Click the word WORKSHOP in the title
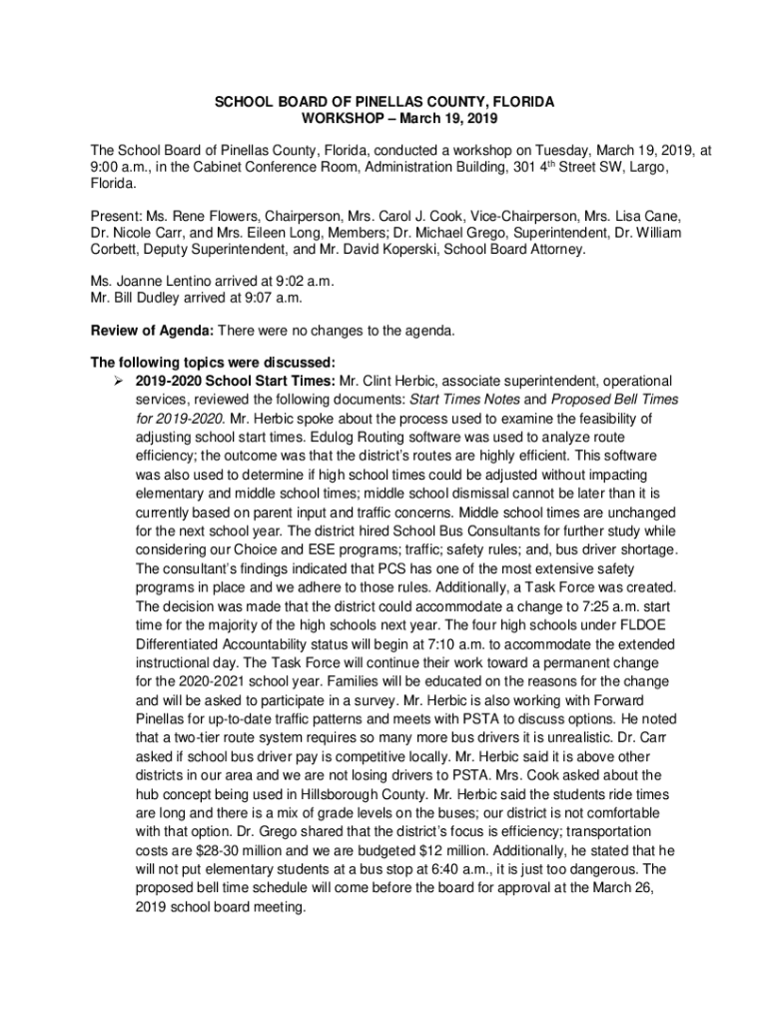(x=350, y=120)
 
